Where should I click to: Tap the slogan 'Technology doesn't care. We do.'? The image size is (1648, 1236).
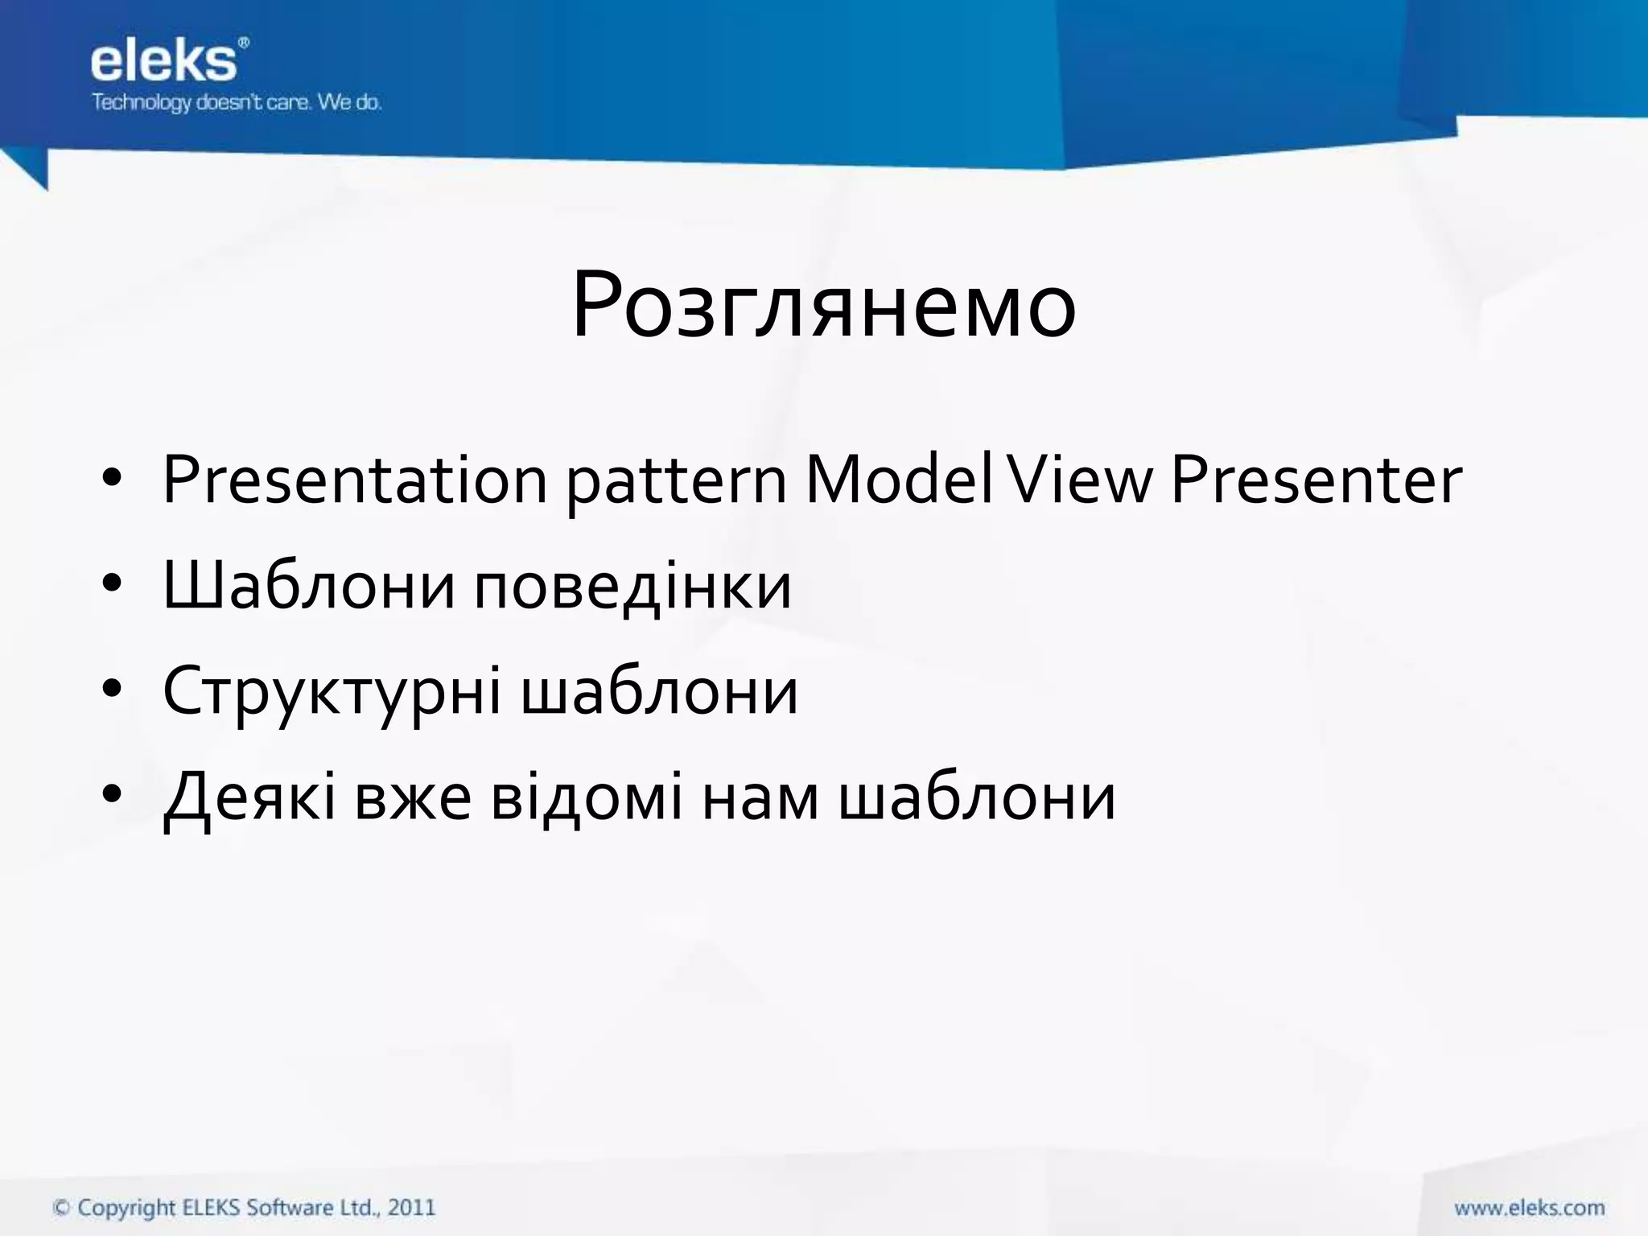236,103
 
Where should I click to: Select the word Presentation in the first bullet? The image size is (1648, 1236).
355,480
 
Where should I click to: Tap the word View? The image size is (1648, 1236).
1080,480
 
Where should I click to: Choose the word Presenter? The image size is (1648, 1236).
1316,480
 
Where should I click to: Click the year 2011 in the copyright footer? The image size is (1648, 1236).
411,1207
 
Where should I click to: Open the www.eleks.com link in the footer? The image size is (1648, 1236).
1529,1208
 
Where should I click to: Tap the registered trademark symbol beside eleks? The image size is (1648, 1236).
244,43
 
